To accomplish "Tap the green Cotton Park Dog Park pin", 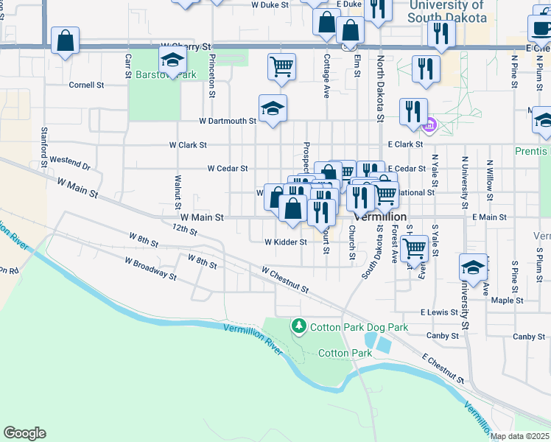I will pos(298,325).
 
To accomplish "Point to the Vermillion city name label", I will pos(380,217).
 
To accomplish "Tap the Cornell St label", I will pos(87,85).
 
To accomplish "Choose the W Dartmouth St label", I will pos(228,121).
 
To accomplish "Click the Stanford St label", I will pos(44,140).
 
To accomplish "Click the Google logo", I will pos(24,433).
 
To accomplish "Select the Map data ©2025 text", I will pos(520,437).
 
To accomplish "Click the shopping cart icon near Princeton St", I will pos(281,67).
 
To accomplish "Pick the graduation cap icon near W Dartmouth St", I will pos(273,108).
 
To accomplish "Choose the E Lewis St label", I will pos(440,312).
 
